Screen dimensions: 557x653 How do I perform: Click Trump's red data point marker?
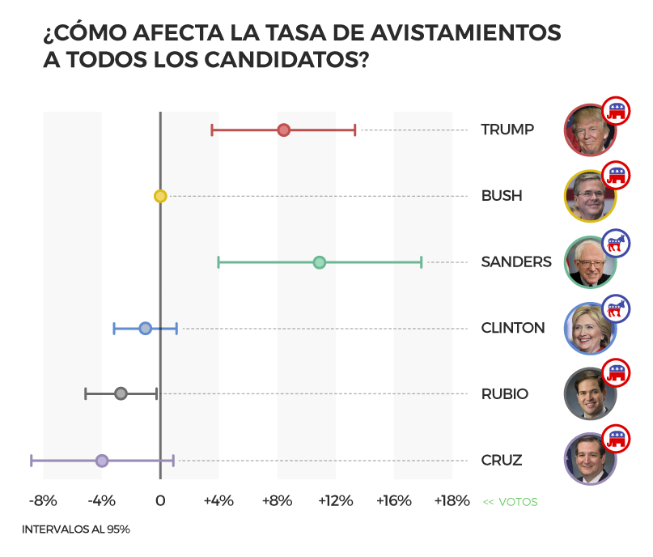tap(283, 130)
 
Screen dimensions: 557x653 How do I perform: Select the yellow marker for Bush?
tap(160, 196)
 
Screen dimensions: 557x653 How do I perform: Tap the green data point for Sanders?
tap(319, 262)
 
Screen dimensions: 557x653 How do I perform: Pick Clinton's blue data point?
tap(145, 328)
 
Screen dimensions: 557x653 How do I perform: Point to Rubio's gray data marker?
tap(121, 393)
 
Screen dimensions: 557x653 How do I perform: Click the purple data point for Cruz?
tap(102, 461)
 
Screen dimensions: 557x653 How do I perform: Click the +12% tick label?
tap(335, 501)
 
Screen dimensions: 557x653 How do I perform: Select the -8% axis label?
tap(43, 501)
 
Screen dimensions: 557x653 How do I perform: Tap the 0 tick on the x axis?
tap(160, 501)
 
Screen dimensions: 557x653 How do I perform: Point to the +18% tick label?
tap(452, 501)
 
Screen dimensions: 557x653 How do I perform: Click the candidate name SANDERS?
tap(516, 261)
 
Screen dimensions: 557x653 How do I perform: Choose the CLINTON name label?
tap(513, 328)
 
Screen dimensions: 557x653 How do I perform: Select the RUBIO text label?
tap(504, 394)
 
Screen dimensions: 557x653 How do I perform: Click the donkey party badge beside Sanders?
tap(617, 242)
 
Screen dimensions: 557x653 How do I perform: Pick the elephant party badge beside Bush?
tap(617, 176)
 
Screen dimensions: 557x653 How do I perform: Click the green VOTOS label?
tap(511, 502)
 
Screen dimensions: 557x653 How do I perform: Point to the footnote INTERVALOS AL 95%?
tap(76, 529)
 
